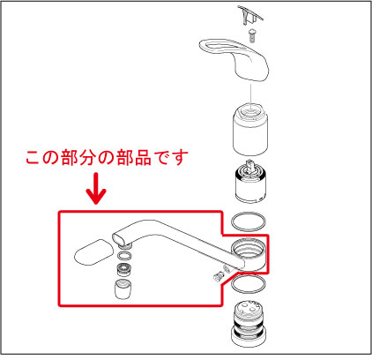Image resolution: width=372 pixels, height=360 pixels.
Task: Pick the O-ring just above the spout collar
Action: (249, 221)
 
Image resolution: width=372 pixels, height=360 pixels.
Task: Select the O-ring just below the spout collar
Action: (249, 286)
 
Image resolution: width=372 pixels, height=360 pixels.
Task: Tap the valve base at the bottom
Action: (249, 327)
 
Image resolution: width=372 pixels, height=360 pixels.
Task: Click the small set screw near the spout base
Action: (215, 277)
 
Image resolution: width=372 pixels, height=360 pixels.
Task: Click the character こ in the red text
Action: (33, 160)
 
